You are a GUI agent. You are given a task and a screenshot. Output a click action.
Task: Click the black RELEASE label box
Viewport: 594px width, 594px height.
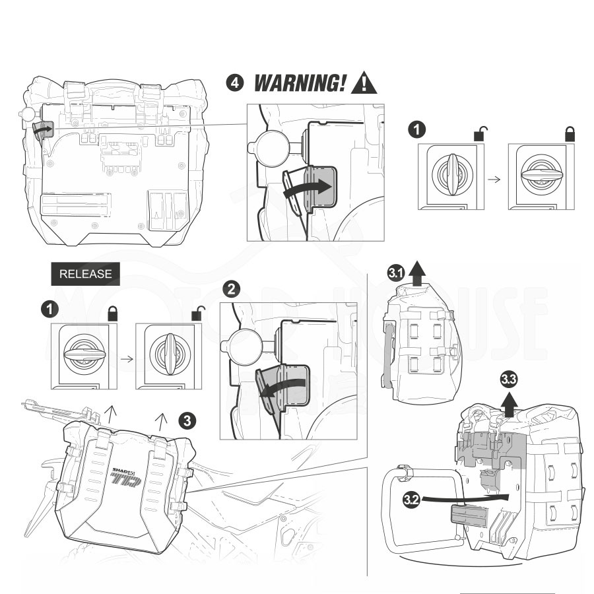(x=85, y=274)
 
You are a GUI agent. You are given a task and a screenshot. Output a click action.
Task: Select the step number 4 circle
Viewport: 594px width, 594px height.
(x=234, y=83)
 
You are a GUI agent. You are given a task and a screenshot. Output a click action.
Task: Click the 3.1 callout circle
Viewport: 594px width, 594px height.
(x=396, y=273)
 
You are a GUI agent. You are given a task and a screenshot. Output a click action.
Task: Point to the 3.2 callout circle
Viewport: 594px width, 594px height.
(x=411, y=499)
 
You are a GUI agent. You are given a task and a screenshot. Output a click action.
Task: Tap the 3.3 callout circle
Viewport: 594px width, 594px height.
(x=509, y=379)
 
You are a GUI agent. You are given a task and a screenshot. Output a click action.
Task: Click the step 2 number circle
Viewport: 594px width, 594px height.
(x=231, y=289)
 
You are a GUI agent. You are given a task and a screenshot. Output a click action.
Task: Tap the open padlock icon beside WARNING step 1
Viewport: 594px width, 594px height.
(x=479, y=133)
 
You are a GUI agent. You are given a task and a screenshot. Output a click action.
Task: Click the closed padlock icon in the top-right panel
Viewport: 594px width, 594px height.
(x=569, y=133)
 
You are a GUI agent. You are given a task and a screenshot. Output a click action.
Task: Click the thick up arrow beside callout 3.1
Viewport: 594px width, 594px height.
(x=416, y=272)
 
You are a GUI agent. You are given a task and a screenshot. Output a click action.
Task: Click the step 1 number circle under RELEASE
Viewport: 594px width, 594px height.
(x=48, y=308)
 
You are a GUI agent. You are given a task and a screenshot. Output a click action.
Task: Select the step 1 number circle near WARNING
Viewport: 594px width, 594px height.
(x=416, y=129)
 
